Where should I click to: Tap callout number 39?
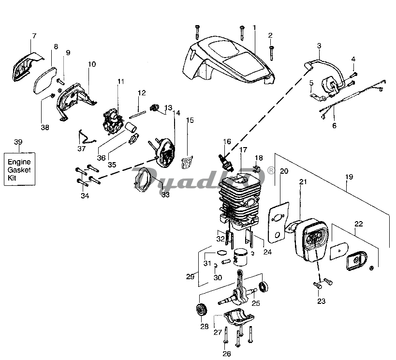(18, 142)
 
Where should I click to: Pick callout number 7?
(34, 35)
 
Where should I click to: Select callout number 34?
(85, 195)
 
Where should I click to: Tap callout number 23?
(321, 301)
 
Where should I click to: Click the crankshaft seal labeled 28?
(201, 310)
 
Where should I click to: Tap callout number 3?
(319, 46)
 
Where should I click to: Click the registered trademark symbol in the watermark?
(271, 170)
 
